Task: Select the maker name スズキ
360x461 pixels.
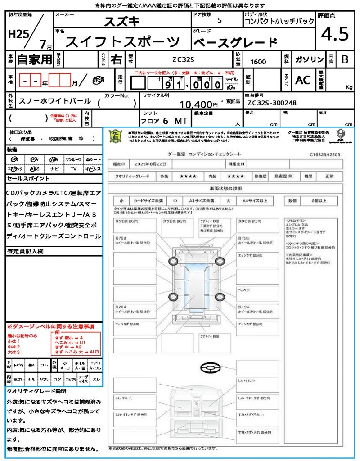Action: point(122,21)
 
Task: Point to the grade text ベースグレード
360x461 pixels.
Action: point(235,43)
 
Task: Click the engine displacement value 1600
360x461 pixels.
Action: point(258,62)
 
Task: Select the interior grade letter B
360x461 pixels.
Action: point(345,59)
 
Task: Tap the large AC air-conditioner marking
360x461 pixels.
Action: point(303,80)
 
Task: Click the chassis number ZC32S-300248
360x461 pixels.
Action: point(272,103)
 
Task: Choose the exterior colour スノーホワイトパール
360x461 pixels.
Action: point(55,101)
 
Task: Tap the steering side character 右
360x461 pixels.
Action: point(116,59)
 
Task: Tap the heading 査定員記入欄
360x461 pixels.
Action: point(25,251)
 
